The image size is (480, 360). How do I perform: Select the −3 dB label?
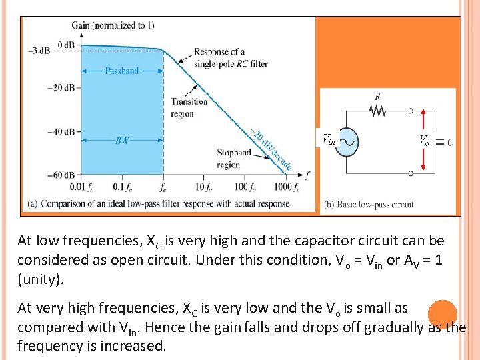(38, 51)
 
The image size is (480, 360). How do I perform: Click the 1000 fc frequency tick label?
(287, 188)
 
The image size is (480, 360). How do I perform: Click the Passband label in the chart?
(122, 71)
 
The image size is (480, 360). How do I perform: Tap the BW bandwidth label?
(122, 141)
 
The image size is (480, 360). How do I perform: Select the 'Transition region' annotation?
(189, 108)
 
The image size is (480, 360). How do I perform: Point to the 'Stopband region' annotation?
(233, 159)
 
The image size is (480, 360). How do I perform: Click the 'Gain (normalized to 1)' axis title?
(113, 25)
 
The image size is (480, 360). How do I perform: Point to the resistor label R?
(377, 97)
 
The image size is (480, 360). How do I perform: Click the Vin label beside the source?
(329, 140)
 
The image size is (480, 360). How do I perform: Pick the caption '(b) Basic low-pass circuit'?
(368, 205)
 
